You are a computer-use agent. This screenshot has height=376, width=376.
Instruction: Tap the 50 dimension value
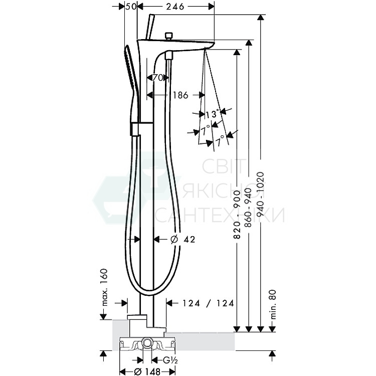(x=130, y=7)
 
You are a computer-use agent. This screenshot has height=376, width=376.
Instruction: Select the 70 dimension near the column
(x=158, y=78)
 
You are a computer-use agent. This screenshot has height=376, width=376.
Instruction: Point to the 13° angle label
(x=212, y=114)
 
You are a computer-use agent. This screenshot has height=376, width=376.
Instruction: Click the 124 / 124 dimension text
(x=208, y=303)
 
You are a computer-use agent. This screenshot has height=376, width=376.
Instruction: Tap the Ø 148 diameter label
(x=147, y=371)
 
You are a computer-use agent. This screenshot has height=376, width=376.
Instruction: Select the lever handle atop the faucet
(x=149, y=28)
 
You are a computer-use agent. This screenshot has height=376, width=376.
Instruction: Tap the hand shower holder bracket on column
(x=136, y=128)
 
